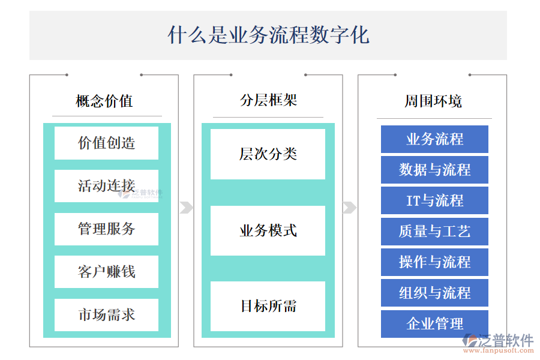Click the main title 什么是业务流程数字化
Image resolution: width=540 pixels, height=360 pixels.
(268, 35)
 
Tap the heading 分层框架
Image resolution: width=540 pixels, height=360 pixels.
(268, 100)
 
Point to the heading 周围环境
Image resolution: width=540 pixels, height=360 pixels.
(433, 101)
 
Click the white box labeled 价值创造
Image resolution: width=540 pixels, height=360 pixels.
(106, 143)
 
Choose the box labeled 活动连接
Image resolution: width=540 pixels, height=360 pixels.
(106, 186)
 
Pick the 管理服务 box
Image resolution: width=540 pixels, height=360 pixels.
(106, 229)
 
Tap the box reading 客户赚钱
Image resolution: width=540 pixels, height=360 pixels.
(106, 272)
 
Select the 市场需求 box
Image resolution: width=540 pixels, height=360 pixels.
(106, 314)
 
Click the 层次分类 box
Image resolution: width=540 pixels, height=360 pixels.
(268, 154)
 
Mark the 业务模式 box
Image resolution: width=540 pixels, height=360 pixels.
(268, 230)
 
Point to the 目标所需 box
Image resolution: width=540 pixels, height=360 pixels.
(268, 306)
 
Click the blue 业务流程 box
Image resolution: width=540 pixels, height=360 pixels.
(434, 139)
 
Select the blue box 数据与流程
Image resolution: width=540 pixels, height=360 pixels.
(434, 170)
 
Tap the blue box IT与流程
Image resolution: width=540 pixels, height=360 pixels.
(434, 200)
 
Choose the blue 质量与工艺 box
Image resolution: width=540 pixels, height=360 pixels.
(434, 232)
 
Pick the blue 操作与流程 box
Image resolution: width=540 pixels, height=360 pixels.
(434, 262)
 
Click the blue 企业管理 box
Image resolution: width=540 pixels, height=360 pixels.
(434, 324)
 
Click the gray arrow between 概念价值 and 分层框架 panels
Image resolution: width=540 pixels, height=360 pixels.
(186, 208)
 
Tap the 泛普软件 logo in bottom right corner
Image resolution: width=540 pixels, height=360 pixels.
(498, 343)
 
